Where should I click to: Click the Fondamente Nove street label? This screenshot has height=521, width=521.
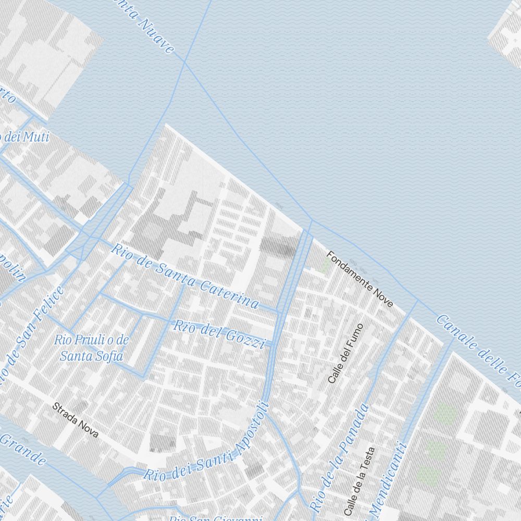pos(359,279)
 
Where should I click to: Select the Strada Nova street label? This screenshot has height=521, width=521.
pos(75,420)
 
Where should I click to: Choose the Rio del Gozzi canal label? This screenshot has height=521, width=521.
pos(219,334)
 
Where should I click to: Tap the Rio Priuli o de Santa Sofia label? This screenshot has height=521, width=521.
pos(92,348)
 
